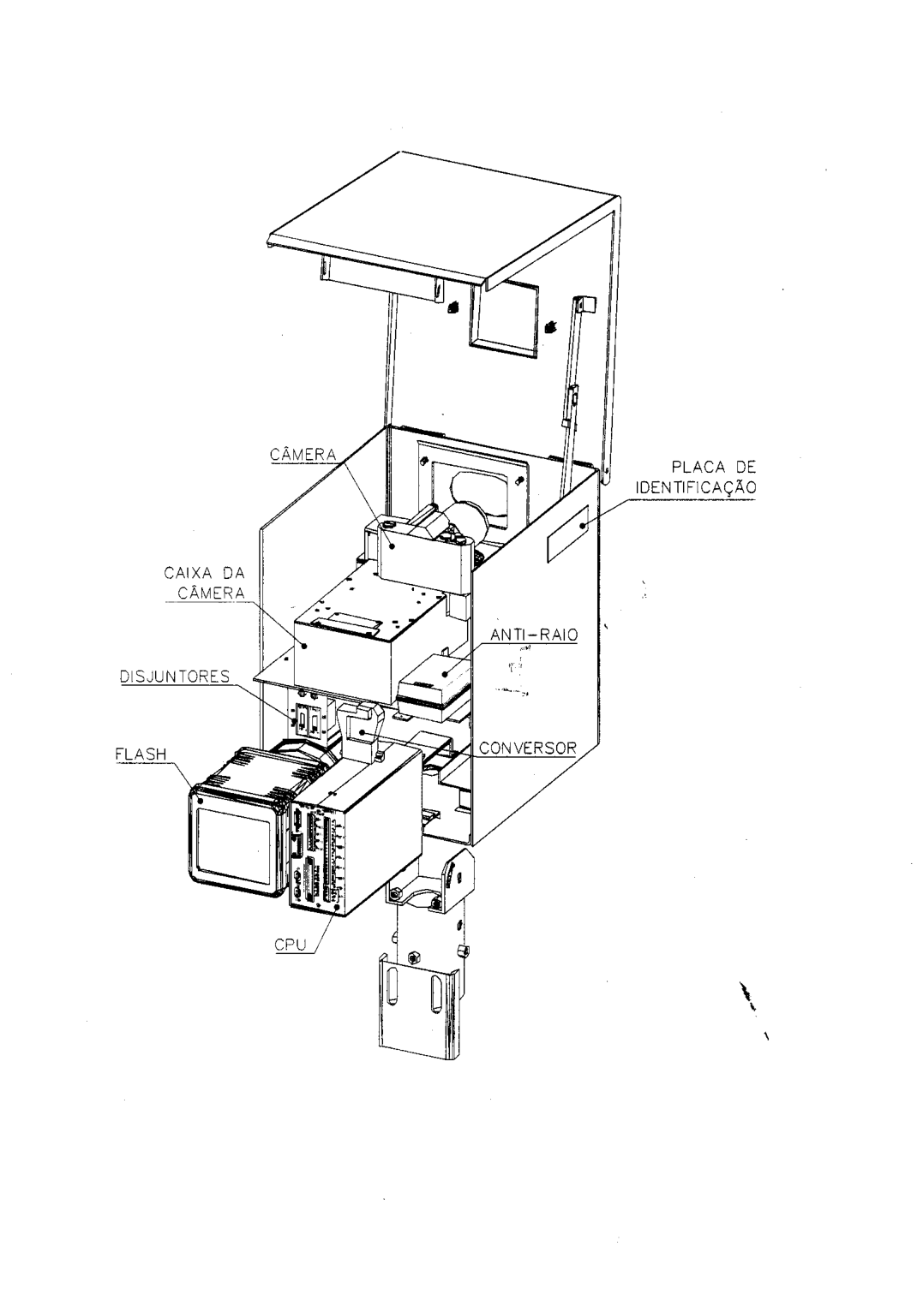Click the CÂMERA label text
pos(303,455)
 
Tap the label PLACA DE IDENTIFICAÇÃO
pos(697,477)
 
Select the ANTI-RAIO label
pos(535,635)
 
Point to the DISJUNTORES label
pos(175,677)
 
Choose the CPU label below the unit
pos(291,945)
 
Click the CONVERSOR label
pos(527,748)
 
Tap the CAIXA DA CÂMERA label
pos(205,583)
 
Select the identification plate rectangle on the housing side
pos(567,534)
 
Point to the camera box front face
pos(345,656)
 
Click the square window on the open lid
pos(504,316)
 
